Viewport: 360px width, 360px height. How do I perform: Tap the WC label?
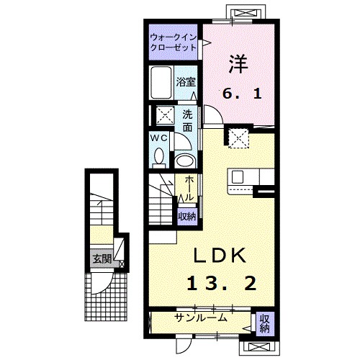click(159, 137)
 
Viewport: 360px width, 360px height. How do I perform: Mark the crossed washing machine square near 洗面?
click(164, 115)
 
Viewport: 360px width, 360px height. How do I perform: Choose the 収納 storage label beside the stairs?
click(187, 215)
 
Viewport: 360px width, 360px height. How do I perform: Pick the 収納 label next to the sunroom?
click(264, 323)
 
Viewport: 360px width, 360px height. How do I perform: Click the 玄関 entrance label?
click(100, 258)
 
